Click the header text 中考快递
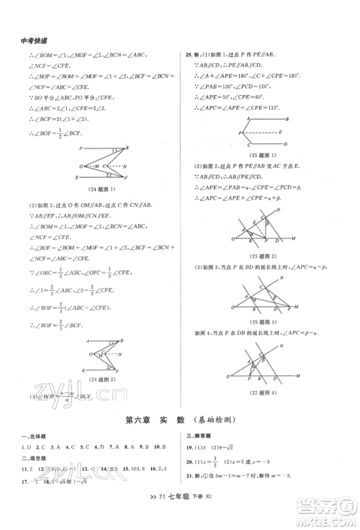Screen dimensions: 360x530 coord(29,41)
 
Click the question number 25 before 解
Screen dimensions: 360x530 coord(189,55)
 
